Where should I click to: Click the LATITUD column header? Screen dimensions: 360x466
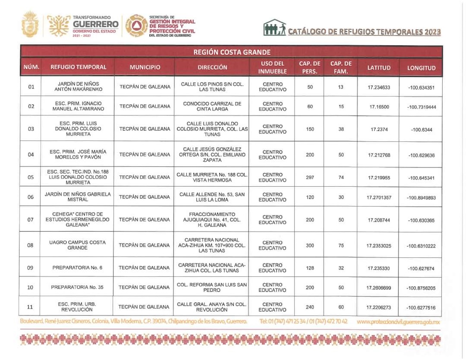(379, 67)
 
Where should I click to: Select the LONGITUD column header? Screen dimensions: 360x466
(421, 68)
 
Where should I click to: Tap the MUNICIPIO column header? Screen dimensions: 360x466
(144, 67)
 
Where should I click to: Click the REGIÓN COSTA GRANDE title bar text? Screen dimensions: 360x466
(232, 52)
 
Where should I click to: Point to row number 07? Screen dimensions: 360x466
(30, 219)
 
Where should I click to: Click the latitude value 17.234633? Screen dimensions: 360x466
(379, 87)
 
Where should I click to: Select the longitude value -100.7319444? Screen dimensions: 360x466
(421, 107)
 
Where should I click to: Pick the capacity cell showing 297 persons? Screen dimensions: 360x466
(310, 178)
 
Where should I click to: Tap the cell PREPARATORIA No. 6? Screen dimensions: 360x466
(77, 268)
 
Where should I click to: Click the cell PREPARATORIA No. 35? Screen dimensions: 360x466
(77, 287)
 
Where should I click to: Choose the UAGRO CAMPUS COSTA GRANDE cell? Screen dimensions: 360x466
(77, 245)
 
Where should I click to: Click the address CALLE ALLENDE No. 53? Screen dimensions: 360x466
(211, 197)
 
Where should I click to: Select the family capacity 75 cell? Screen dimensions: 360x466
(341, 245)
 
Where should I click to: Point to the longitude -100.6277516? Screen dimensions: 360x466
(421, 308)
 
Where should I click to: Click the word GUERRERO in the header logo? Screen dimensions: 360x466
(95, 24)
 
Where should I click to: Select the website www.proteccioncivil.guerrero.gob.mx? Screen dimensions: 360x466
(399, 322)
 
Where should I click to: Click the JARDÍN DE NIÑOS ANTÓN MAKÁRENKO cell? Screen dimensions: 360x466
(77, 86)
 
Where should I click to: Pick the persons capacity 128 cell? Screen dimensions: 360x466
(310, 268)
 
